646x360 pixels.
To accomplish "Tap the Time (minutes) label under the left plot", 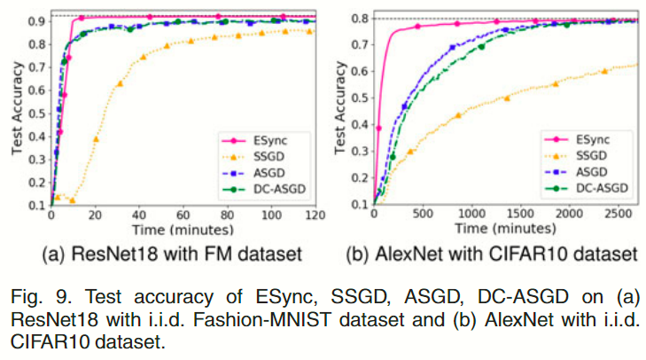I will click(181, 229).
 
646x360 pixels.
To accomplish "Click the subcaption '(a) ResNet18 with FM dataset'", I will click(171, 255).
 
